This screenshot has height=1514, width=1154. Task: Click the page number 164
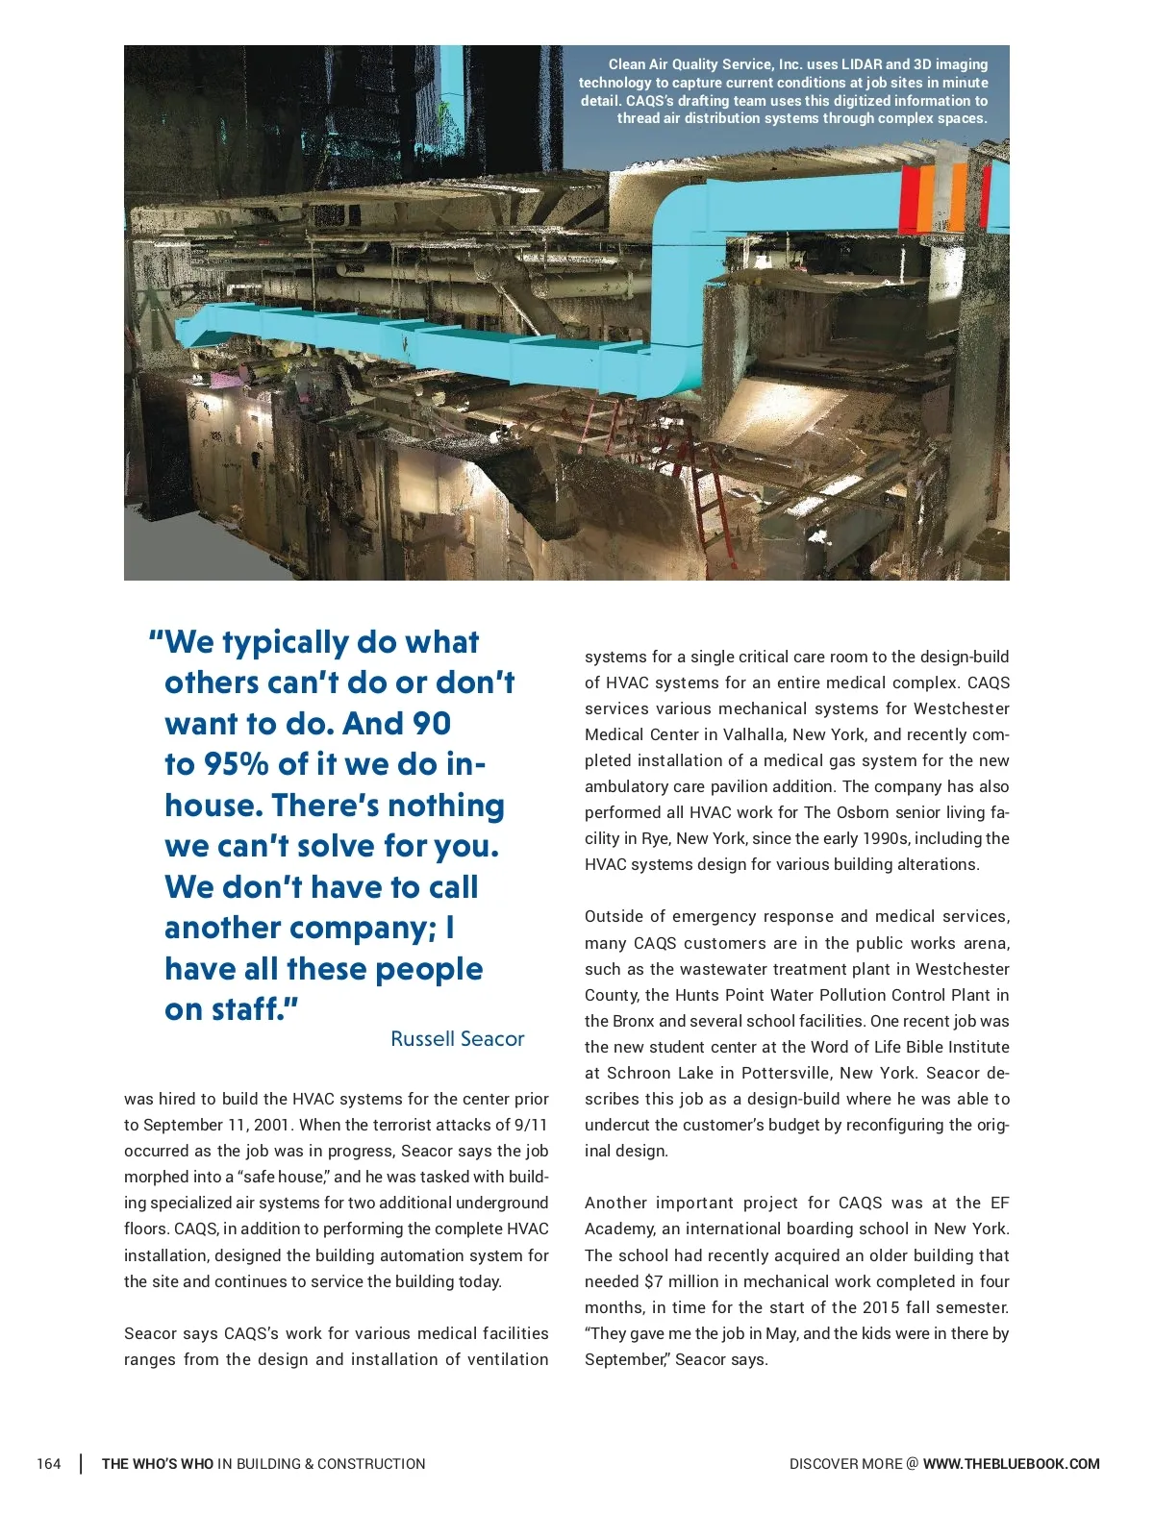click(x=48, y=1464)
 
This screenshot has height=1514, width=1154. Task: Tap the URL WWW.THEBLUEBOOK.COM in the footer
click(x=1011, y=1464)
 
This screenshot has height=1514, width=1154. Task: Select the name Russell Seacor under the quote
click(x=457, y=1039)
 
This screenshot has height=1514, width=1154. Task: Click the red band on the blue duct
click(x=908, y=199)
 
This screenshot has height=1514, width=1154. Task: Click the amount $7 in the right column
click(x=654, y=1281)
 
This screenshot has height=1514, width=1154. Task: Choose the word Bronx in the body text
click(x=630, y=1021)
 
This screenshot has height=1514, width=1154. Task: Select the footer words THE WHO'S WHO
click(x=158, y=1464)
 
